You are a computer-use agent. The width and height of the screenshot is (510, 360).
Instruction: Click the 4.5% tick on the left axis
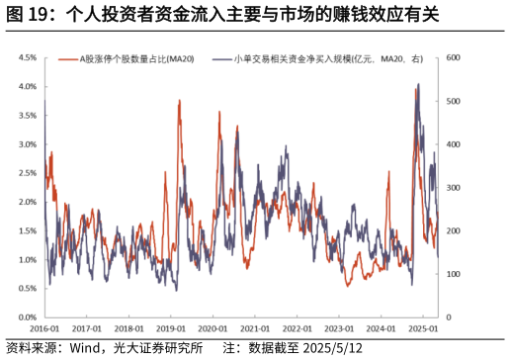click(x=27, y=57)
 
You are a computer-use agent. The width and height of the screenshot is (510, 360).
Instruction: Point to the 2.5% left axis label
click(x=27, y=173)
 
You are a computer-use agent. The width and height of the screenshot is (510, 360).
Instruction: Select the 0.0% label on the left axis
click(x=27, y=317)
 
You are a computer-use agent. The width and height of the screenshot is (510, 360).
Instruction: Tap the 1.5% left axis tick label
click(x=27, y=230)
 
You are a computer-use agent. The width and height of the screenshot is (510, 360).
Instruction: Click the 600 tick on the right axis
click(x=455, y=57)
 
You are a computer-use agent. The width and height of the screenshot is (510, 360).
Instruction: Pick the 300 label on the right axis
click(x=455, y=187)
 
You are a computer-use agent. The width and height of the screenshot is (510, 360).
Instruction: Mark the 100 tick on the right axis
click(x=455, y=274)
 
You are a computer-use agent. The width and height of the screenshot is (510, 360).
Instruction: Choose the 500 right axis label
click(x=455, y=101)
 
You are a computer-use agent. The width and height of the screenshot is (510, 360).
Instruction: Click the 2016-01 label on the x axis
click(x=44, y=328)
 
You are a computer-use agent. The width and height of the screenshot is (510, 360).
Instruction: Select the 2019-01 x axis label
click(x=172, y=328)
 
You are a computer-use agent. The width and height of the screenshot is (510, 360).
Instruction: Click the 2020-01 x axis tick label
click(x=214, y=328)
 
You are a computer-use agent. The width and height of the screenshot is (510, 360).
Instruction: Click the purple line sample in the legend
click(x=223, y=59)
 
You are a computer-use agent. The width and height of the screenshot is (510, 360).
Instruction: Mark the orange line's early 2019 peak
click(x=179, y=101)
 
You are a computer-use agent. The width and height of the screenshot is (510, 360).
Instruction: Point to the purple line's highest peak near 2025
click(x=418, y=85)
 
